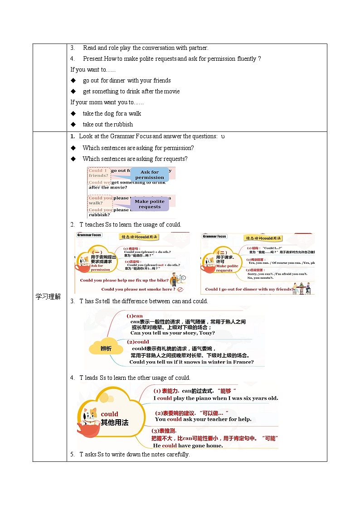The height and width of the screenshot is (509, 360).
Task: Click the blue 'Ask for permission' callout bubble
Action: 149,175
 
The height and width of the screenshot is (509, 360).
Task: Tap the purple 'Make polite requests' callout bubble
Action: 150,204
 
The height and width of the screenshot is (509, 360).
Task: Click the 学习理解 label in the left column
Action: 49,297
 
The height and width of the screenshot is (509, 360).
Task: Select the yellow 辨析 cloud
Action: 106,348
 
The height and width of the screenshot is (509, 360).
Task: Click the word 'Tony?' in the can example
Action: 206,333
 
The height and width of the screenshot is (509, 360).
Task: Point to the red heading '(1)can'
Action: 135,316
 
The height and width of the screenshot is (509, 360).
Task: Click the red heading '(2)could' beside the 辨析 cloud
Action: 138,342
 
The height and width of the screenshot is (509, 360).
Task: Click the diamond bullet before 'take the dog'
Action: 73,113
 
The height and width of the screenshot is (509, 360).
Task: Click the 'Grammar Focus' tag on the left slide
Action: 89,235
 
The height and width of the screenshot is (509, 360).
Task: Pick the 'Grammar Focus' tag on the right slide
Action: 214,236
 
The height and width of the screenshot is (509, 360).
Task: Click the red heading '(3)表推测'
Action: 164,431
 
